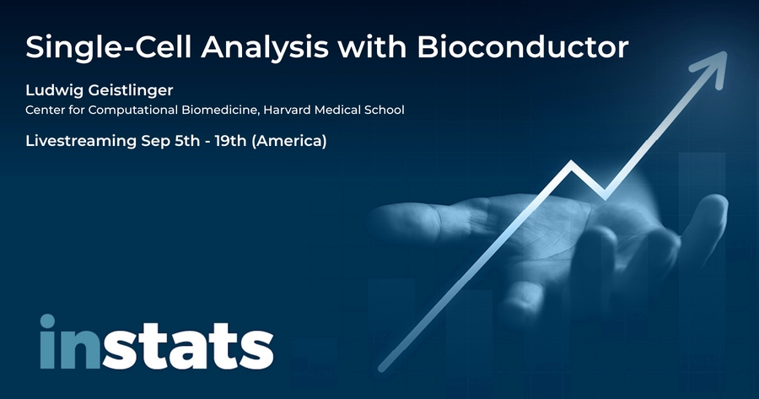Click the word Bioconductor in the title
(x=522, y=47)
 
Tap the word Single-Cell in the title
(x=109, y=48)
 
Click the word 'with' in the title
(x=372, y=47)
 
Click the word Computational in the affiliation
(x=132, y=111)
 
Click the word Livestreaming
(x=81, y=142)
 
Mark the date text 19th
(x=231, y=140)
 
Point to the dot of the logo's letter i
(x=47, y=321)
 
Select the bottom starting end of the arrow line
(x=382, y=369)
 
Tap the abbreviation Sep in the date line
(x=155, y=142)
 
